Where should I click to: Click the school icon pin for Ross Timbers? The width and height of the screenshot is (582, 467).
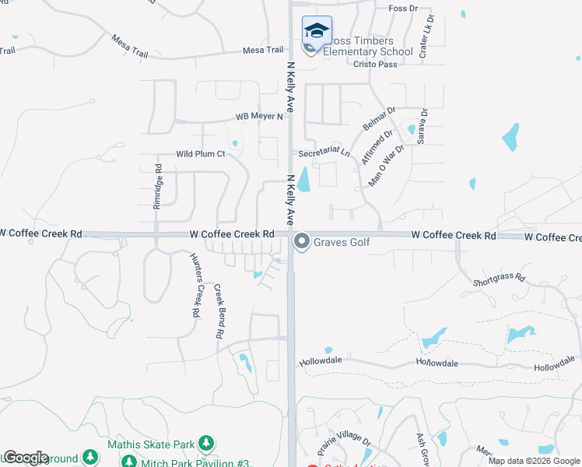tap(317, 31)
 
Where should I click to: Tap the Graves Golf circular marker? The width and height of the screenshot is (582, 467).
tap(302, 243)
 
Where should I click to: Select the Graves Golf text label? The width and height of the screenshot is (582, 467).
tap(342, 243)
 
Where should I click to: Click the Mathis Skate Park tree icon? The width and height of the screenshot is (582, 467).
tap(206, 444)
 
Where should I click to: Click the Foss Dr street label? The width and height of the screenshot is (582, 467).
tap(402, 9)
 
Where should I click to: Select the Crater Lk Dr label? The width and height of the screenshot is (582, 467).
tap(426, 36)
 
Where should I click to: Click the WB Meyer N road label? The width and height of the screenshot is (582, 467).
tap(259, 118)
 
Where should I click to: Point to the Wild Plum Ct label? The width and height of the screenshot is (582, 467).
tap(200, 154)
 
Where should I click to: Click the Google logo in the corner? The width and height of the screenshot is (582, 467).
tap(25, 458)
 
